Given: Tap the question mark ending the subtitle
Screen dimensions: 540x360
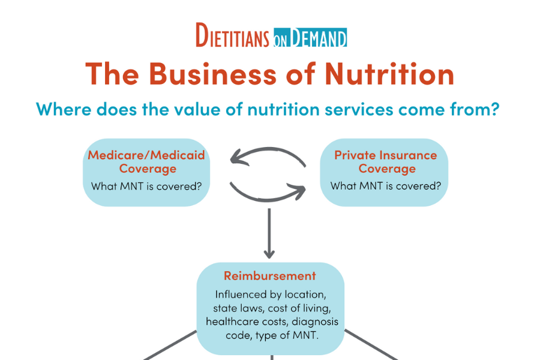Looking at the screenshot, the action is (x=495, y=110).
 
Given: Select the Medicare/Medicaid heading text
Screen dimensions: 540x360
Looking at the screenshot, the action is (x=146, y=161).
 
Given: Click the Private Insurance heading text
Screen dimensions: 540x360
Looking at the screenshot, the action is (x=386, y=161).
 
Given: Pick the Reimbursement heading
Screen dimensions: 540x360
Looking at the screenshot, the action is (x=269, y=276).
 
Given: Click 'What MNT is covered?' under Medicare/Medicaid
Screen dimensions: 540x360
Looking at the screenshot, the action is (x=146, y=186).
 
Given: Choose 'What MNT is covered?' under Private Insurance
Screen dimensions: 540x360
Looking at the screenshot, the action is (x=386, y=186).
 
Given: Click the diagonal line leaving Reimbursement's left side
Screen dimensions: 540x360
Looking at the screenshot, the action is (x=171, y=344).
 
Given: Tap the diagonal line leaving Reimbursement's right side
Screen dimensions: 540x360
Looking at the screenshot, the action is (x=369, y=344).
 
